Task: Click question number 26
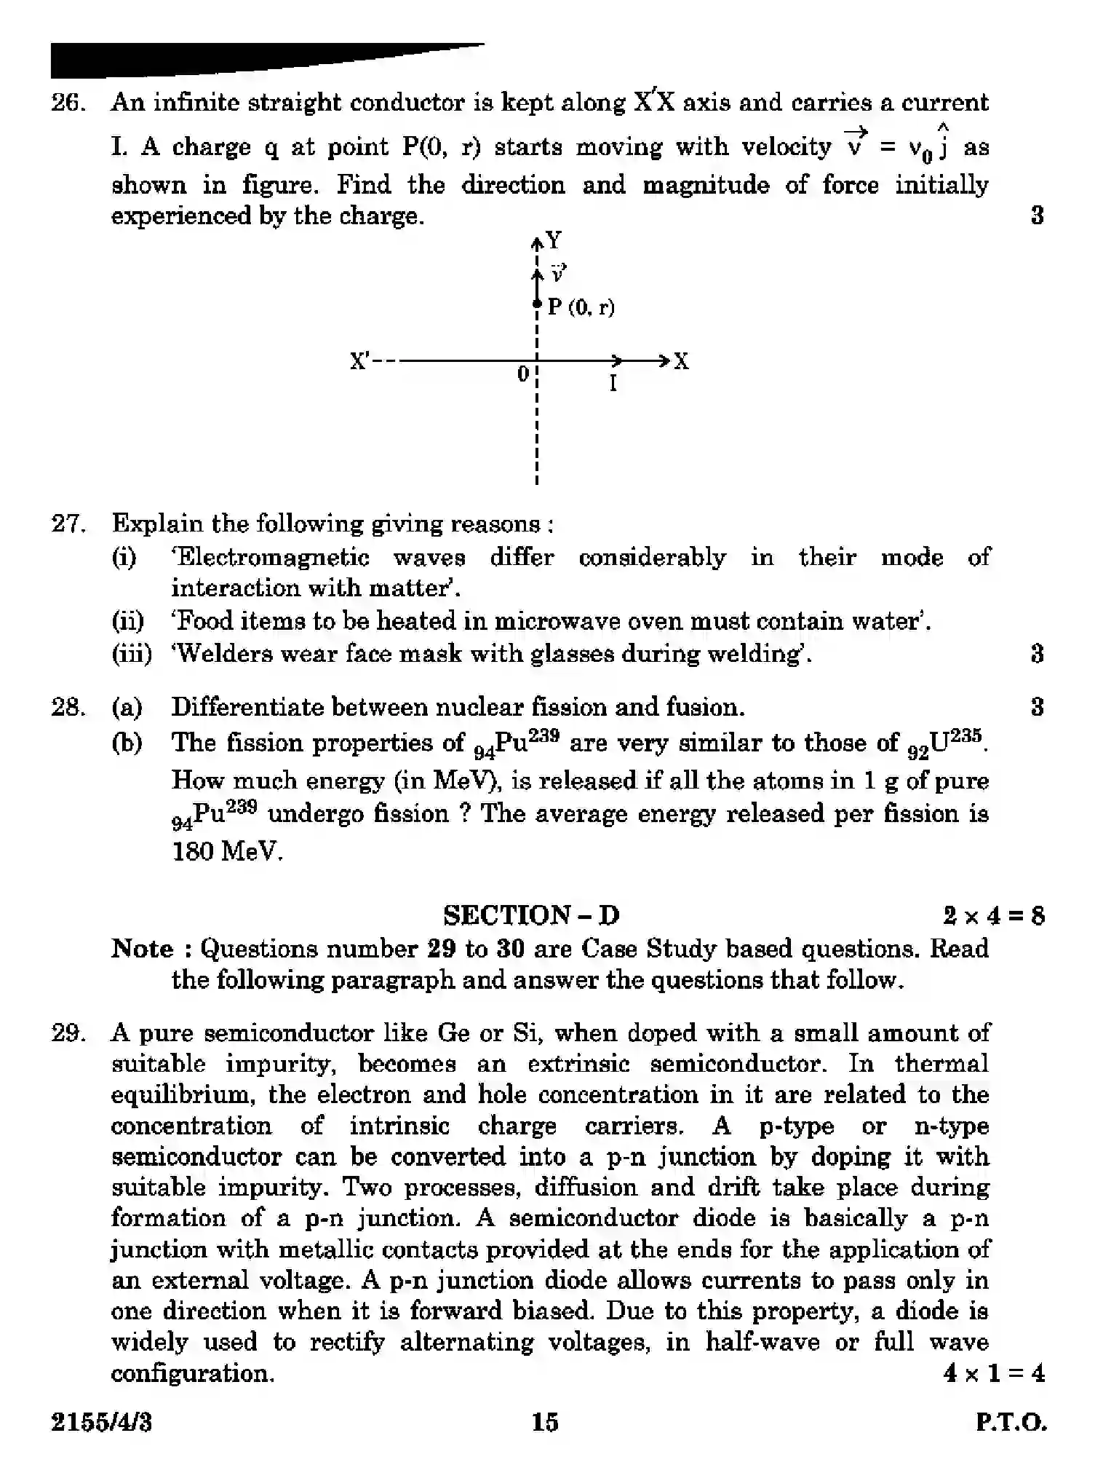point(68,103)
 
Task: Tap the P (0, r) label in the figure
point(581,307)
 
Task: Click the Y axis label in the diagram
point(554,240)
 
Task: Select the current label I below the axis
point(613,384)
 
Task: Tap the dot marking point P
point(537,304)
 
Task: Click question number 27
point(68,524)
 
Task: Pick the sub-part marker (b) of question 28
point(127,743)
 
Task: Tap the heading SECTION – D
point(531,915)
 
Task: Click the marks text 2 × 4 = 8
point(993,915)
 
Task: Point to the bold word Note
point(143,949)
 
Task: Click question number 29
point(68,1033)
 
